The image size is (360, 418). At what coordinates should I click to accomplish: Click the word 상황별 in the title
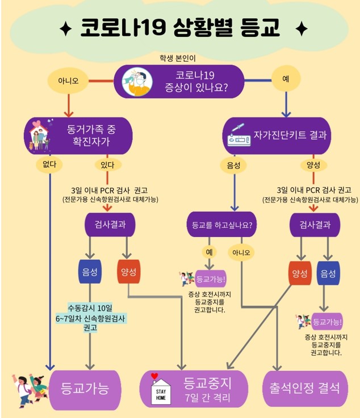pos(189,27)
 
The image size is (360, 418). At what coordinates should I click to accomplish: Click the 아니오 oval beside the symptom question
pos(68,81)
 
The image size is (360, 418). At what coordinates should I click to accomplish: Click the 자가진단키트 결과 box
pos(277,136)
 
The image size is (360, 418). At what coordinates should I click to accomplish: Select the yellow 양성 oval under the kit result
pos(313,165)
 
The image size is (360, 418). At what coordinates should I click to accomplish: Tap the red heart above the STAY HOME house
pos(153,375)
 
